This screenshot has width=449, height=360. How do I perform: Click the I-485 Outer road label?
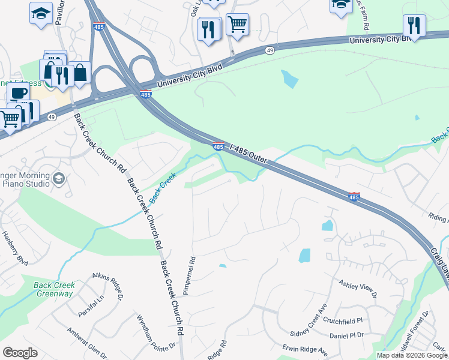(x=248, y=152)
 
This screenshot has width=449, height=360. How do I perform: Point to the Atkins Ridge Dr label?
(x=107, y=287)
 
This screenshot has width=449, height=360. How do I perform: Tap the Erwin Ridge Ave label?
(x=305, y=350)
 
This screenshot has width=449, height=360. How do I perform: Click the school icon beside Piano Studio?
(x=58, y=178)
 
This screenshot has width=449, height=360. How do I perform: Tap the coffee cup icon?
(x=19, y=93)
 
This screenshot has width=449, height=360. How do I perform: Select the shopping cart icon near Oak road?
(x=237, y=25)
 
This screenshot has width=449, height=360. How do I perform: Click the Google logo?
(x=20, y=353)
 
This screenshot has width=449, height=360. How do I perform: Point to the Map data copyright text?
(x=412, y=355)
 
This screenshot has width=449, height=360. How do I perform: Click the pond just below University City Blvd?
(x=289, y=79)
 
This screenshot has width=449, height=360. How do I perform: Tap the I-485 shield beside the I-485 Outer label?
(x=219, y=146)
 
